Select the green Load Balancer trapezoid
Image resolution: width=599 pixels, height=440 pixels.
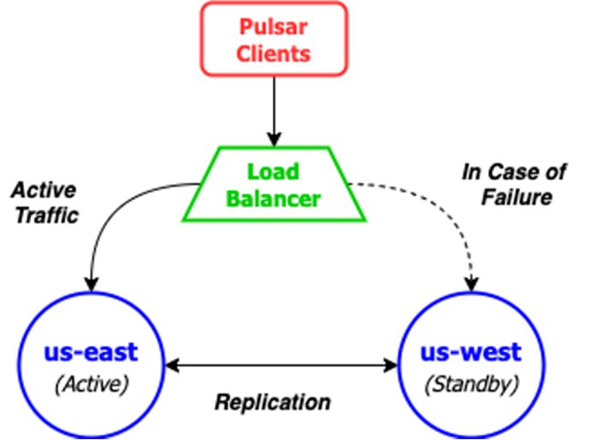coord(274,185)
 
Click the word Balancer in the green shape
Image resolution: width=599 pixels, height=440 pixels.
coord(274,199)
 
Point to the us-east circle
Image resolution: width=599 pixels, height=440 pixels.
coord(91,364)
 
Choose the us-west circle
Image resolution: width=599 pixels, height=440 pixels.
coord(471,364)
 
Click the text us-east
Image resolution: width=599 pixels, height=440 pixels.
coord(91,353)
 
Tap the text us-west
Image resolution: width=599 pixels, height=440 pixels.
coord(471,353)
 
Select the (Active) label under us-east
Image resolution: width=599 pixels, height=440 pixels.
coord(91,384)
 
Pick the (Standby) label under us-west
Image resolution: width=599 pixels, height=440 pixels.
coord(471,384)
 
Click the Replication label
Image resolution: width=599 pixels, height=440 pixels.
coord(272,401)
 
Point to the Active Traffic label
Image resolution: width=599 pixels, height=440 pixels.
coord(44,202)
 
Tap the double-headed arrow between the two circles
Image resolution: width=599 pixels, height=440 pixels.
coord(282,366)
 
